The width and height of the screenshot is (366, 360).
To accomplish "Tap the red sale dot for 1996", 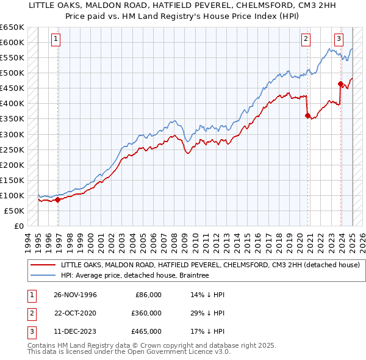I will tap(58, 200).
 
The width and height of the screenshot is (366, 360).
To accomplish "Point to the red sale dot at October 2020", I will tap(307, 115).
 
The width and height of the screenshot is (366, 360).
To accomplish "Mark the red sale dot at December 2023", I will tap(340, 84).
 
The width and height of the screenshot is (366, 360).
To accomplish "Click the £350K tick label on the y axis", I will tap(12, 119).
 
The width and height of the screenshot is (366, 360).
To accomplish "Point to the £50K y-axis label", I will tap(15, 211).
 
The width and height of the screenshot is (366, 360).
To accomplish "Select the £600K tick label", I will tap(12, 42).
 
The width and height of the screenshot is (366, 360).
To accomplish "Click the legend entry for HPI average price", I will tap(135, 276).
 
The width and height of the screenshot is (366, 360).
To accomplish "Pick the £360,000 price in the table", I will tap(146, 313).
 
